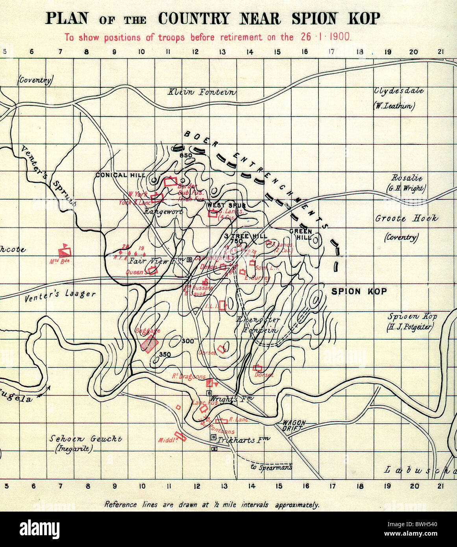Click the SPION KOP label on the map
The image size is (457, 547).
point(359,292)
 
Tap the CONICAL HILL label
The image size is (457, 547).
point(120,175)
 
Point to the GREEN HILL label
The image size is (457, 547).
point(301,235)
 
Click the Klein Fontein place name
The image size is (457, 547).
point(202,92)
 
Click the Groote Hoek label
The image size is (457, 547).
point(406,218)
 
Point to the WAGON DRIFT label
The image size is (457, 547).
point(294,425)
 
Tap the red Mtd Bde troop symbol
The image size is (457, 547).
point(65,251)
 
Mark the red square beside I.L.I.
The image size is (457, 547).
point(222,305)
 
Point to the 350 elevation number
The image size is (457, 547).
point(165,355)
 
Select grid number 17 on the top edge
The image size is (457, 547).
point(332,52)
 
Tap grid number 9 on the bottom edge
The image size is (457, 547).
point(115,486)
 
